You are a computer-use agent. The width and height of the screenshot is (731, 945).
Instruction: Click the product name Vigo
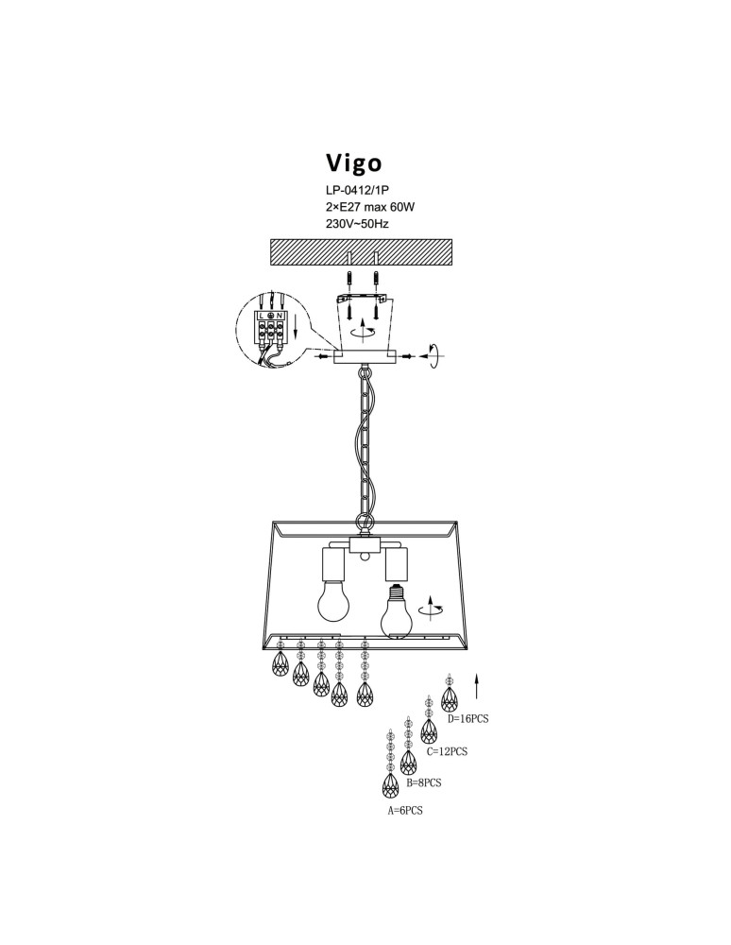click(x=354, y=161)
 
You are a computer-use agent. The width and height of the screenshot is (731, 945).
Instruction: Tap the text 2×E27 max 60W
click(x=369, y=207)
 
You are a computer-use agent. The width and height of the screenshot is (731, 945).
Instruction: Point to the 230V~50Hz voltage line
click(x=356, y=224)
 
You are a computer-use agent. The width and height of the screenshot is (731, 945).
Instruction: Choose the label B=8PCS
click(x=424, y=782)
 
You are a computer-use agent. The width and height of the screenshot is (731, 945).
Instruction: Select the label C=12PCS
click(x=447, y=752)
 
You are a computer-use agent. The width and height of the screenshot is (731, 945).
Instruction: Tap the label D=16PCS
click(x=468, y=718)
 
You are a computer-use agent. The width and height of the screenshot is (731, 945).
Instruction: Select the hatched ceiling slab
click(x=363, y=250)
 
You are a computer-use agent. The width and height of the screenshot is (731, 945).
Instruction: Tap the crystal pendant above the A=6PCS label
click(x=389, y=784)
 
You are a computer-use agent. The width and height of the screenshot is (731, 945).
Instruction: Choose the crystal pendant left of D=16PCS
click(x=449, y=697)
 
